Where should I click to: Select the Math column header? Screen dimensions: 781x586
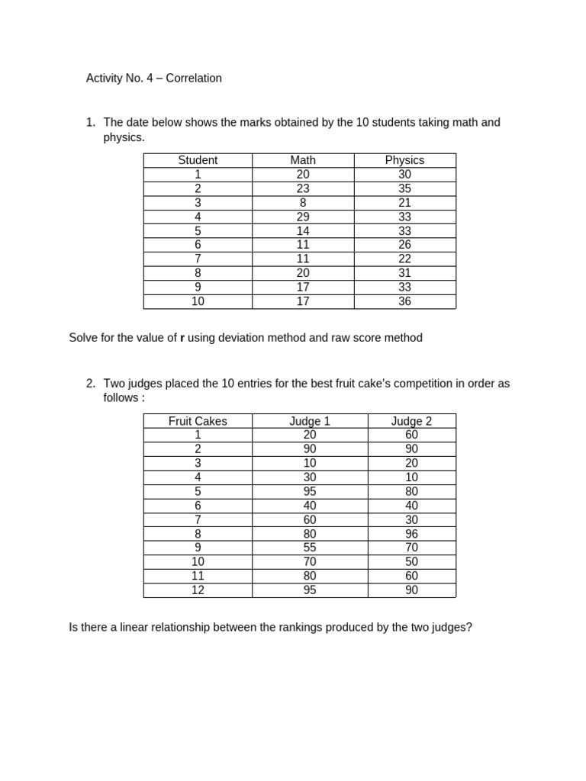pyautogui.click(x=303, y=160)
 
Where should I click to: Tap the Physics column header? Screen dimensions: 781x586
pyautogui.click(x=404, y=160)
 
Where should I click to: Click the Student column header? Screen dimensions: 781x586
pyautogui.click(x=198, y=160)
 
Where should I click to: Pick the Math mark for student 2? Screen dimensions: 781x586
pyautogui.click(x=303, y=188)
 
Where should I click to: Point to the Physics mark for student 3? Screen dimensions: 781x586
pyautogui.click(x=404, y=203)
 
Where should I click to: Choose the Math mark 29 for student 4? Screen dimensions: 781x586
pyautogui.click(x=303, y=217)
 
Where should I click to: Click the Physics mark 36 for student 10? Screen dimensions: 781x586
pyautogui.click(x=404, y=301)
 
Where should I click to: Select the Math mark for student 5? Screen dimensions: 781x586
pyautogui.click(x=303, y=231)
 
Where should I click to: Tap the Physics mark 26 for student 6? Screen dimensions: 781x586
pyautogui.click(x=404, y=245)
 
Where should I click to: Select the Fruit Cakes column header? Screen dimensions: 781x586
pyautogui.click(x=198, y=421)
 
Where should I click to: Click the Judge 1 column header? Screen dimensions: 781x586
pyautogui.click(x=310, y=421)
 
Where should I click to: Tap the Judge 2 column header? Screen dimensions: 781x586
pyautogui.click(x=411, y=421)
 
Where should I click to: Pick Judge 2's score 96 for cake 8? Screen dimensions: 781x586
pyautogui.click(x=411, y=534)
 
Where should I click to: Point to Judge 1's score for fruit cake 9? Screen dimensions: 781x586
pyautogui.click(x=310, y=548)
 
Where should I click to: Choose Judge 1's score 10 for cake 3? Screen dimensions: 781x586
pyautogui.click(x=310, y=463)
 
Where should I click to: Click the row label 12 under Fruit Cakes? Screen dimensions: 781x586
pyautogui.click(x=198, y=590)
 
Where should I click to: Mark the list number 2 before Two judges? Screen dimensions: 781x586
pyautogui.click(x=90, y=384)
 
